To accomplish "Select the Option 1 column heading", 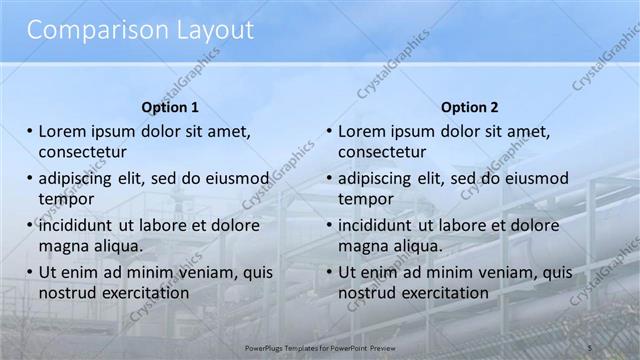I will pyautogui.click(x=170, y=107).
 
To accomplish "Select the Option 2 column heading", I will pyautogui.click(x=469, y=107).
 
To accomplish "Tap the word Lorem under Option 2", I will pyautogui.click(x=362, y=131).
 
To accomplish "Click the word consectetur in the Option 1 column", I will pyautogui.click(x=83, y=152).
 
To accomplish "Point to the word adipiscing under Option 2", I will pyautogui.click(x=375, y=178).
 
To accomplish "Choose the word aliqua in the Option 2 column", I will pyautogui.click(x=418, y=245).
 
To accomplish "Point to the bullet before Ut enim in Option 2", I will pyautogui.click(x=328, y=272).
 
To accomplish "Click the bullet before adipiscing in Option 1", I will pyautogui.click(x=29, y=178).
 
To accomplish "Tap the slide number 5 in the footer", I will pyautogui.click(x=589, y=346).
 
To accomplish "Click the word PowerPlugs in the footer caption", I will pyautogui.click(x=265, y=347).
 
